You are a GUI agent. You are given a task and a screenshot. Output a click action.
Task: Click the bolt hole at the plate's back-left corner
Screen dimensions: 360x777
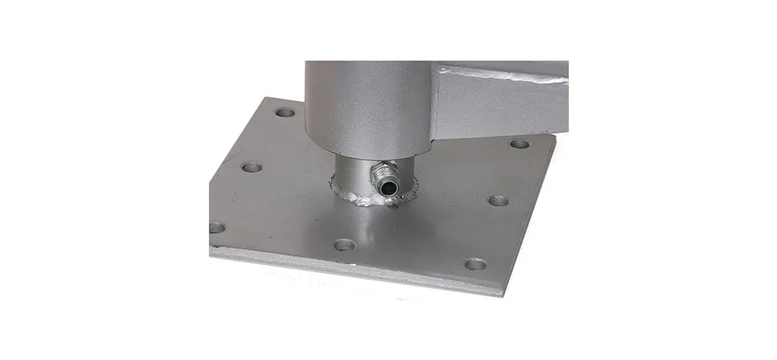286,112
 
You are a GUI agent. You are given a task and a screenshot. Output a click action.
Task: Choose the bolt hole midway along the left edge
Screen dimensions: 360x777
251,167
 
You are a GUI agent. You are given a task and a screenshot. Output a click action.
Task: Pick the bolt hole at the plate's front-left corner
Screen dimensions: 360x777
217,227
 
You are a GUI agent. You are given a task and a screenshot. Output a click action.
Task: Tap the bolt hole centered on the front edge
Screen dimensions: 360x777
344,245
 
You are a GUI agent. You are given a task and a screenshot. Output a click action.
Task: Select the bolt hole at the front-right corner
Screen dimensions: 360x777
475,264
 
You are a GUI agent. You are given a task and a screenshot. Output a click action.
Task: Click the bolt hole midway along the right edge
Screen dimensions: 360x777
498,200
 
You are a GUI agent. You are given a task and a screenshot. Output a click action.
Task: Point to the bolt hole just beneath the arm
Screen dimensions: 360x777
519,144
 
